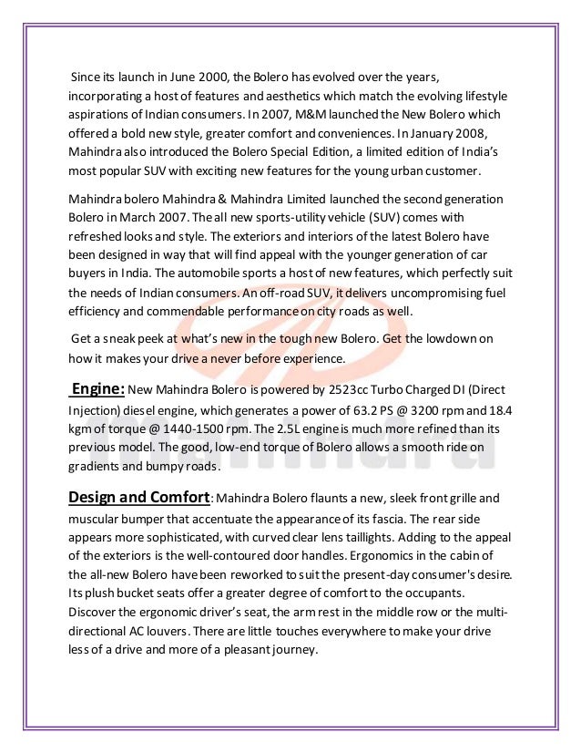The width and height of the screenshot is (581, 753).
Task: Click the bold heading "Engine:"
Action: [x=97, y=389]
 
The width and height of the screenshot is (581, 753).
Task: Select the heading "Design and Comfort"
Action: [x=139, y=497]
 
